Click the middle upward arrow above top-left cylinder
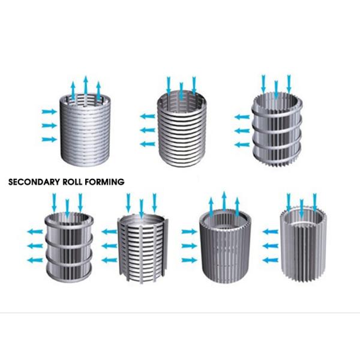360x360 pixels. pos(86,86)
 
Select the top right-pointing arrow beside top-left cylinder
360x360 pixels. pos(49,112)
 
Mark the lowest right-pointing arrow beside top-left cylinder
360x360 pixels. pos(49,139)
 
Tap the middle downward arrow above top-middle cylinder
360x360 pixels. pos(181,90)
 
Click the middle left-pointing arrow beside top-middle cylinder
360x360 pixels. pos(148,130)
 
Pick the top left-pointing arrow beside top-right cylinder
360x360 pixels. pos(242,116)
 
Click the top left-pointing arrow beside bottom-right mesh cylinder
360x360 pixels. pos(271,229)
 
